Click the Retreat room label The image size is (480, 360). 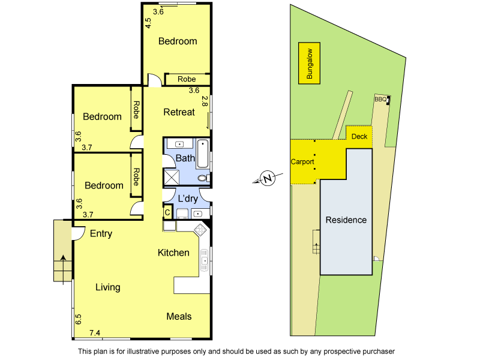click(179, 112)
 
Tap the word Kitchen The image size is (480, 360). click(173, 253)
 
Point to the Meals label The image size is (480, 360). click(179, 316)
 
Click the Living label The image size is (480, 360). click(108, 287)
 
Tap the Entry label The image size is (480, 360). click(101, 233)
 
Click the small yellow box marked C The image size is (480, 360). click(167, 211)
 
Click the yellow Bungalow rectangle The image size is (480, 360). click(310, 63)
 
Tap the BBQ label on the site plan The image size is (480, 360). click(380, 100)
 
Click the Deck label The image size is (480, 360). click(359, 136)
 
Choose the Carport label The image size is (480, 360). click(302, 162)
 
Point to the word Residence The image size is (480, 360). click(346, 220)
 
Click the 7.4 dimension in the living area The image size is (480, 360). click(95, 333)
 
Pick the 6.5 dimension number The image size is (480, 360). click(79, 319)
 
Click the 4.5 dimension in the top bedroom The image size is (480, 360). click(148, 23)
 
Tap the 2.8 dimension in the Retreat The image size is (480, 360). click(205, 101)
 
